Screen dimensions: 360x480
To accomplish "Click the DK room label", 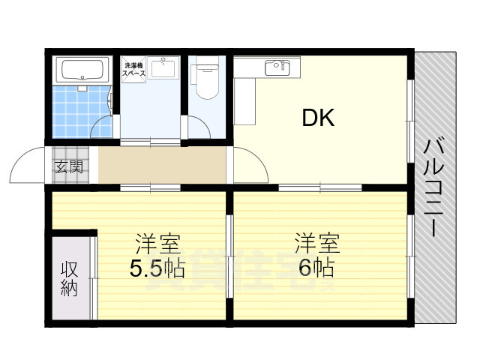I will [x=318, y=118].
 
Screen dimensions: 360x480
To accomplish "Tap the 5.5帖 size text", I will [x=157, y=268].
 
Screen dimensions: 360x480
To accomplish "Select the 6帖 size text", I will [x=315, y=268].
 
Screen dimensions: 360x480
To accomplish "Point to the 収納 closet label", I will [x=70, y=278].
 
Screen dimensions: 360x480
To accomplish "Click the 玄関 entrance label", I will [x=68, y=166].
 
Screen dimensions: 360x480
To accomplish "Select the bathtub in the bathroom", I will [x=83, y=70].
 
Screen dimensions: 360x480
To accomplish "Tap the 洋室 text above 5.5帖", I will [x=157, y=244].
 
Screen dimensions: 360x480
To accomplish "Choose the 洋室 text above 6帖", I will [x=316, y=244].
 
